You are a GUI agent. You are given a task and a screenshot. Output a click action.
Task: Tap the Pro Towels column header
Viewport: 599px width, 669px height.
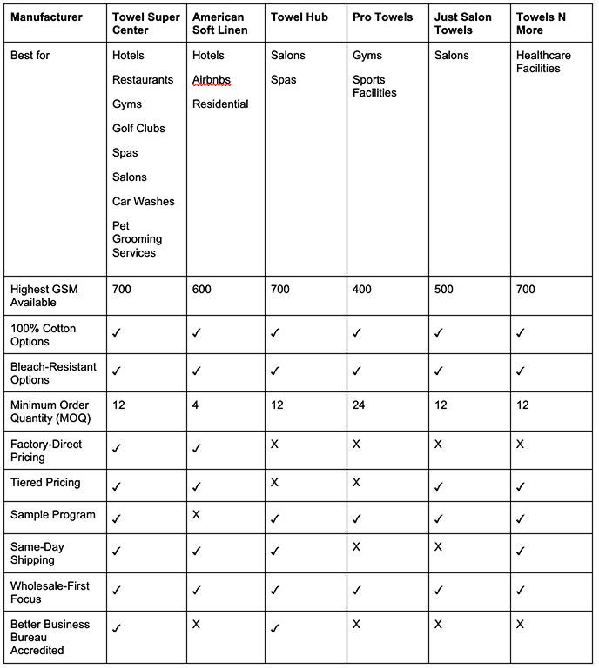pos(383,17)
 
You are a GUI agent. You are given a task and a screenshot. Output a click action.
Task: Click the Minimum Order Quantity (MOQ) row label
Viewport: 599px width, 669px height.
pos(50,411)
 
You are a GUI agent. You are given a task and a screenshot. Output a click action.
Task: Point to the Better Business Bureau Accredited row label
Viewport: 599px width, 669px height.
pos(50,637)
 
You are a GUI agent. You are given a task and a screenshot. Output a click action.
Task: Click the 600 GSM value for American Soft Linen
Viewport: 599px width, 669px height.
pos(203,290)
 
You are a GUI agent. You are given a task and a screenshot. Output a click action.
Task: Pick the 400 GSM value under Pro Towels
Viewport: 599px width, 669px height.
pos(363,290)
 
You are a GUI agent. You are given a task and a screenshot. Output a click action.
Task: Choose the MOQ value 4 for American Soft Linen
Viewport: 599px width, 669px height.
pos(196,405)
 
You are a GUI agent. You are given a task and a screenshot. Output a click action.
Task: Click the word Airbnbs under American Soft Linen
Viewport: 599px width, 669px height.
pos(212,80)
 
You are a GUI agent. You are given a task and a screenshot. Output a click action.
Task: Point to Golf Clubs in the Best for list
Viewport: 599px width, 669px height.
pos(138,129)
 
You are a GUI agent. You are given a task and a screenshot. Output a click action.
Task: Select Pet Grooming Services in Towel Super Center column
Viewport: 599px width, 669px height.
pos(137,239)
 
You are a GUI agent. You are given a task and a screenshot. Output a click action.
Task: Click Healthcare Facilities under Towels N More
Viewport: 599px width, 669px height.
pos(545,62)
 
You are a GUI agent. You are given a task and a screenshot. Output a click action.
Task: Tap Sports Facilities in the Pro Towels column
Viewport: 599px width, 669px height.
pos(374,86)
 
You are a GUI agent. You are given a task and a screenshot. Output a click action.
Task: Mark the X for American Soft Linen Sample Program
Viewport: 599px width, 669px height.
pos(197,515)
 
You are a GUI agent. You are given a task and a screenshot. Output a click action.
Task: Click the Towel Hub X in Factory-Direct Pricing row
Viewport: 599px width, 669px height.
pos(275,445)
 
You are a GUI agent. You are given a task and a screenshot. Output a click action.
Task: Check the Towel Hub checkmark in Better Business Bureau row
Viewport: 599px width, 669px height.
pos(275,627)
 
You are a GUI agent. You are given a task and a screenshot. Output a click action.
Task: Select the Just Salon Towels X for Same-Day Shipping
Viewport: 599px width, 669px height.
pos(439,546)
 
